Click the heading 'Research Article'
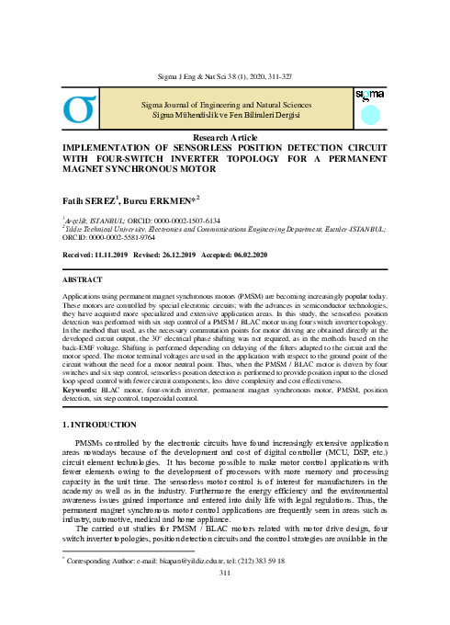[224, 136]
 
